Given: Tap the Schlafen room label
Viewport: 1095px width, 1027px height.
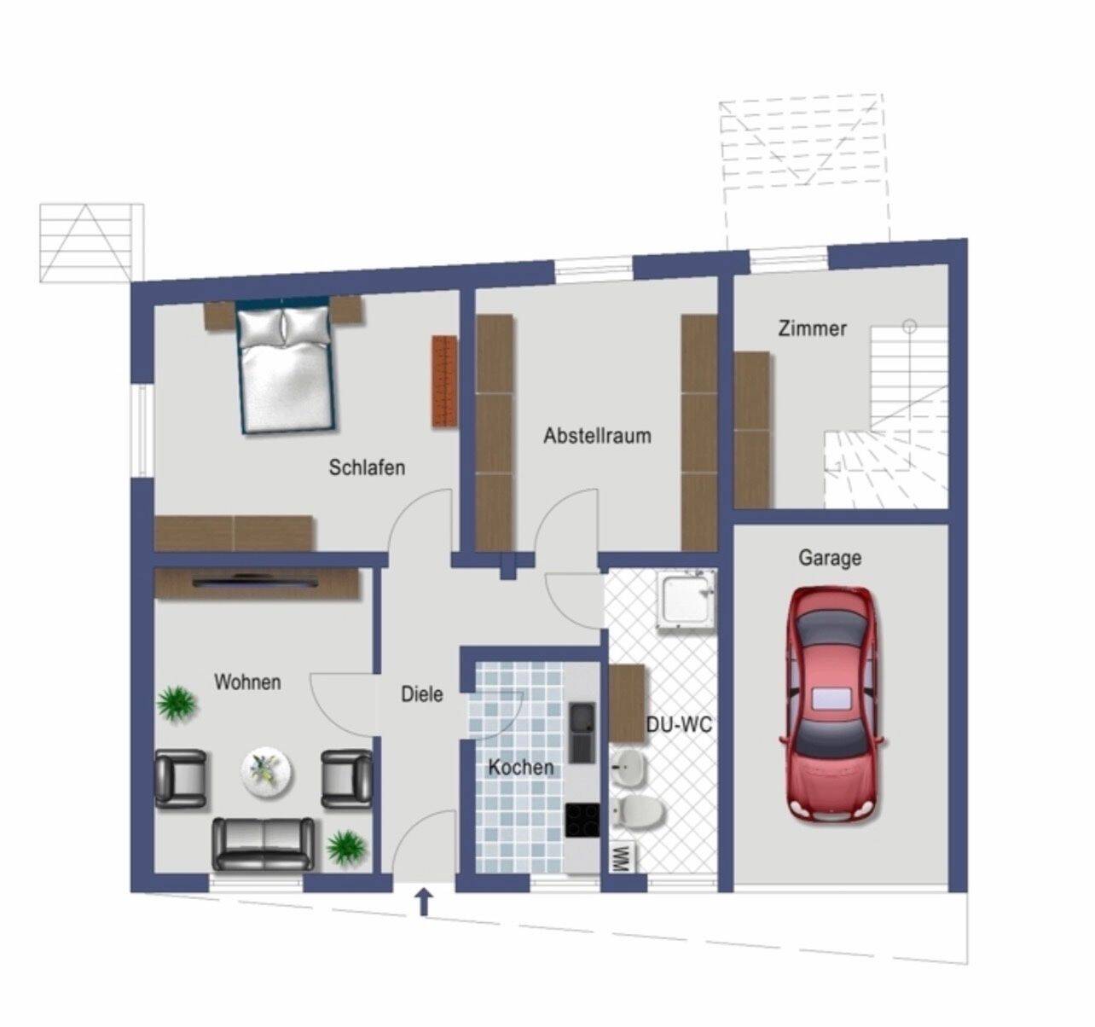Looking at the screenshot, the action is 368,467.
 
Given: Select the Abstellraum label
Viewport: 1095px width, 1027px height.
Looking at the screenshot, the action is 597,436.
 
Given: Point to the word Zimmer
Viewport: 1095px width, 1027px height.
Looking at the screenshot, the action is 812,328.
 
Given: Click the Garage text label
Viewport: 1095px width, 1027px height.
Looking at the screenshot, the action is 830,558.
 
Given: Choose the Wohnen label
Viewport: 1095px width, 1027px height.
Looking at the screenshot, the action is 247,682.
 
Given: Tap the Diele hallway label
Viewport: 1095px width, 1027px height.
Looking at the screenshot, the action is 422,694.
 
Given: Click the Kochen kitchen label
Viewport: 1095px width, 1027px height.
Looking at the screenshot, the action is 521,767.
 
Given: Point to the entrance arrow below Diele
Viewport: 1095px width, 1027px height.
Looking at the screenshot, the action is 424,903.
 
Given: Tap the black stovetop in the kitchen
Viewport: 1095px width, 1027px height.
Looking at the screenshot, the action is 582,821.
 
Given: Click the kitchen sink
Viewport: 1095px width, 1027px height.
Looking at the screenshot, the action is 582,733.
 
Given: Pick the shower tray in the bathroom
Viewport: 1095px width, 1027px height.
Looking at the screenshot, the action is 686,601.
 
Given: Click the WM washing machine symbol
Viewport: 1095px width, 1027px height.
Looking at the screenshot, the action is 623,859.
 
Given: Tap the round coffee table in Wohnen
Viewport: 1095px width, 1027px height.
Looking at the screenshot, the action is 267,771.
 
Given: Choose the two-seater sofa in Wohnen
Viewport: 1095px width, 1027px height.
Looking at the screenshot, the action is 264,844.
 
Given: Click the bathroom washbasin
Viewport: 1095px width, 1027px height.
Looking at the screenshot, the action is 629,766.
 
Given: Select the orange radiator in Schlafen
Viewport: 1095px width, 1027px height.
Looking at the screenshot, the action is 444,380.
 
